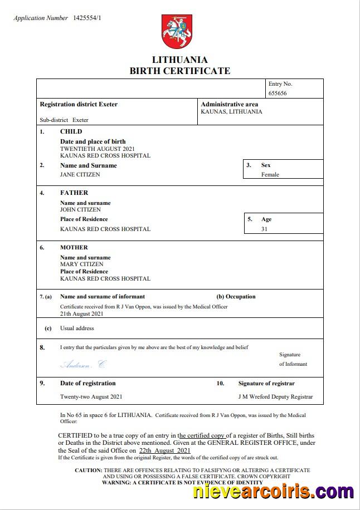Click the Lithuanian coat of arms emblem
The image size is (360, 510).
tap(177, 32)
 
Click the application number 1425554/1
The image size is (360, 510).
tap(87, 18)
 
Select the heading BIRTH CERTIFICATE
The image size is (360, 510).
tap(179, 71)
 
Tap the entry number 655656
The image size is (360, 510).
tap(278, 93)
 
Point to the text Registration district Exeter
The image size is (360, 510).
tap(79, 104)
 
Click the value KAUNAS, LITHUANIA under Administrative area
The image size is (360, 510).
tap(231, 111)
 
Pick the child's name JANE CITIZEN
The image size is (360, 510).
tap(80, 174)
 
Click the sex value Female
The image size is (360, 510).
tap(270, 174)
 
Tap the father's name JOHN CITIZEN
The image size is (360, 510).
tap(80, 210)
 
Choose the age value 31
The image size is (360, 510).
tap(264, 229)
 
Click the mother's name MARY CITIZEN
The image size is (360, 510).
tap(81, 264)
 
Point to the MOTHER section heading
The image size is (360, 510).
tap(74, 247)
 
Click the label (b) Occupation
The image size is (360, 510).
tap(236, 297)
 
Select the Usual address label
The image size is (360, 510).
tap(77, 328)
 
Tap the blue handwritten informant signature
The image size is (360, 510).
tap(82, 365)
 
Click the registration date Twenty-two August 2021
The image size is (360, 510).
tap(91, 397)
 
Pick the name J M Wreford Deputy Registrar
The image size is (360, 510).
tap(275, 397)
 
